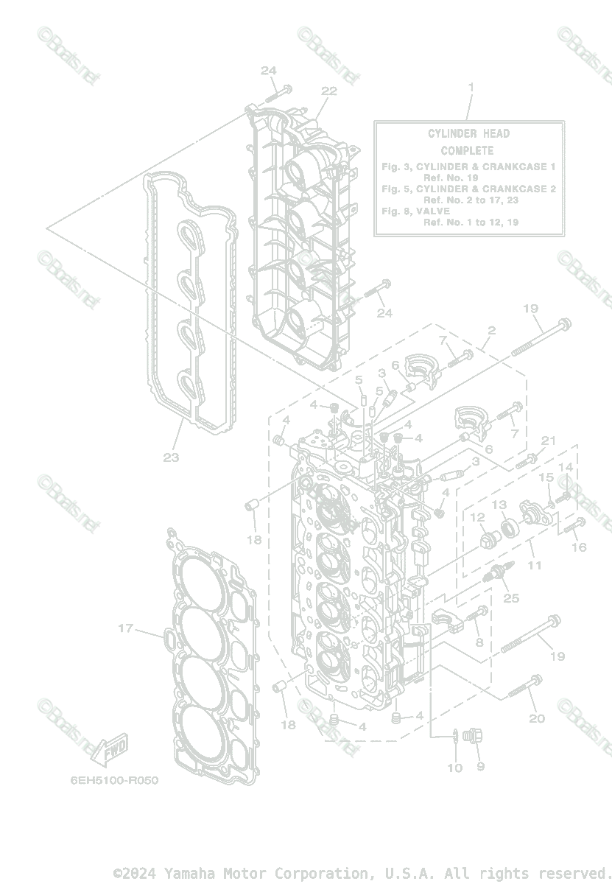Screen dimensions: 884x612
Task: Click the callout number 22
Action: (x=328, y=91)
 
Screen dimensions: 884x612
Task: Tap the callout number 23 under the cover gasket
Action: (x=171, y=457)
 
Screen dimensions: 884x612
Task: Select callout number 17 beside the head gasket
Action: (x=126, y=628)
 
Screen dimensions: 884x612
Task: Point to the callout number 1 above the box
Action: (x=471, y=87)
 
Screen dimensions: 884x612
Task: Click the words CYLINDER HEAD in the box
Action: (x=468, y=133)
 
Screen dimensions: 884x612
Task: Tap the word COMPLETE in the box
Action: (x=468, y=150)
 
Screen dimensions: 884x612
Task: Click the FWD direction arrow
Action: (x=110, y=749)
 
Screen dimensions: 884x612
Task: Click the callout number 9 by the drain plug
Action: (x=480, y=767)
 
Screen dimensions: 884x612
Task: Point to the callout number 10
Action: (x=455, y=768)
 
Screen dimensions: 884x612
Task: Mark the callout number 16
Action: (x=579, y=547)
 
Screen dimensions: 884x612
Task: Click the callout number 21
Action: (x=547, y=441)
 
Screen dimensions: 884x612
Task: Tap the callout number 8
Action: (x=479, y=642)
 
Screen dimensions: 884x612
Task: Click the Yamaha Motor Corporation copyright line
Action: (x=362, y=873)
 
